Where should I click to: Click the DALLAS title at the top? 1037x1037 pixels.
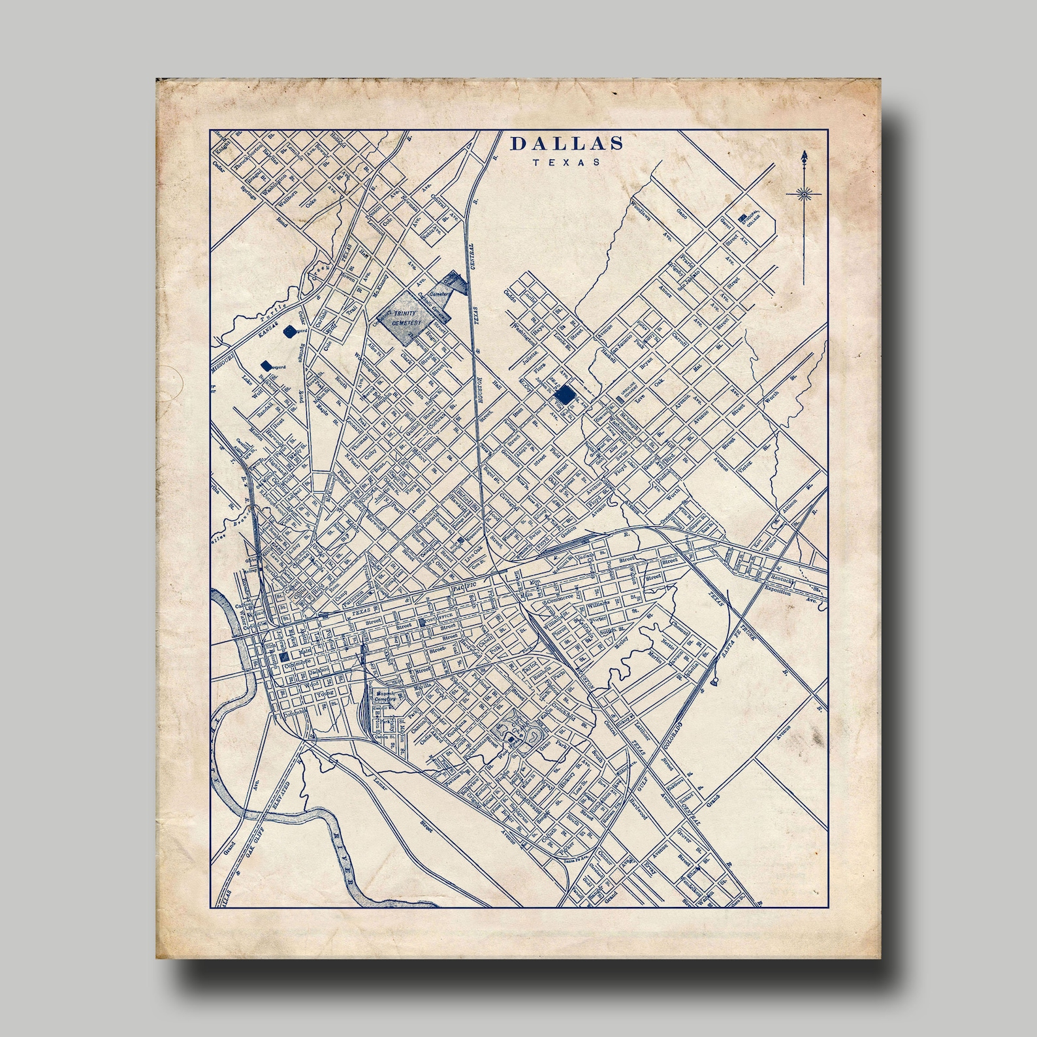click(x=566, y=144)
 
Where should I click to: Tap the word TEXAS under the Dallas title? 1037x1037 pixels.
click(x=566, y=163)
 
